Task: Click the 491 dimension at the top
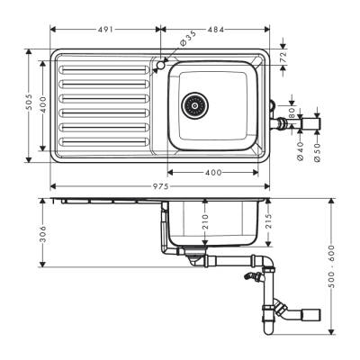[105, 29]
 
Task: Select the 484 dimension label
[215, 29]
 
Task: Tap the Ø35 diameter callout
[184, 40]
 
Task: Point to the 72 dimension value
[285, 57]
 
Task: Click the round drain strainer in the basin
[193, 104]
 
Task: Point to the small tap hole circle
[160, 65]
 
